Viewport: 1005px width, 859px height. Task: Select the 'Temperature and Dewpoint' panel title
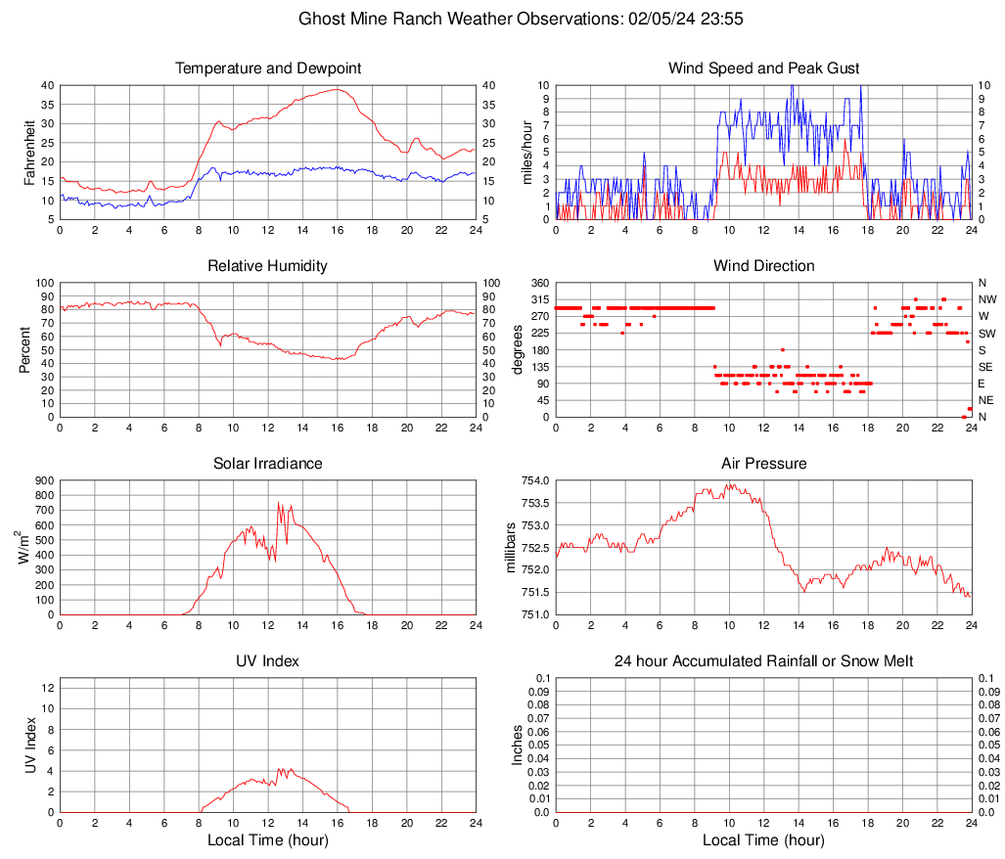(x=268, y=68)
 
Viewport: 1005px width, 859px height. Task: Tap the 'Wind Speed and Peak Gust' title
(x=763, y=68)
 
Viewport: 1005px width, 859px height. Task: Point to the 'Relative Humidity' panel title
(x=268, y=266)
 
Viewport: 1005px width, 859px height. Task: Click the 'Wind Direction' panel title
(x=763, y=266)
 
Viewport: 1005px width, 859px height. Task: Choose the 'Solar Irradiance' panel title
(x=268, y=464)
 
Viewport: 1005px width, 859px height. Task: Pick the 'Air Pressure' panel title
(x=763, y=464)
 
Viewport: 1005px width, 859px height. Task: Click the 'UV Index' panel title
(x=268, y=661)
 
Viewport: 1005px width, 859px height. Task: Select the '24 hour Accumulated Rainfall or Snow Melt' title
(x=763, y=661)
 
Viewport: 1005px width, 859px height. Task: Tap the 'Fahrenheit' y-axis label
(x=28, y=152)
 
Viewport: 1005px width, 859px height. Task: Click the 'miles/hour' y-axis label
(x=526, y=152)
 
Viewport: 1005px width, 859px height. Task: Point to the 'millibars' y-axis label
(x=510, y=548)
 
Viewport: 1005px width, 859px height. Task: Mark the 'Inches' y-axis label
(x=518, y=745)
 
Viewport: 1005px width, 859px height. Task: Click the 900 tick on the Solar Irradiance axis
(x=42, y=480)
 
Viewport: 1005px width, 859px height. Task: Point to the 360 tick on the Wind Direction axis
(x=536, y=283)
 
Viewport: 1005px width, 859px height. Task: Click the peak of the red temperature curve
(x=337, y=89)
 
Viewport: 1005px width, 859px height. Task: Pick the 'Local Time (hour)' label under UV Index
(x=268, y=840)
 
